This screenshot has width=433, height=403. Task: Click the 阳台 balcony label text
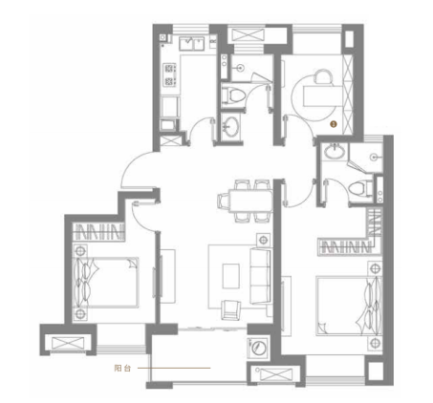(122, 369)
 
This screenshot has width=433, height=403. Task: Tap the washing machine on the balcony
(257, 347)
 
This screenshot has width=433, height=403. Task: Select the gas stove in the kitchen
(169, 74)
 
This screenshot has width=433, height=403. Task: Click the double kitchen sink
(191, 44)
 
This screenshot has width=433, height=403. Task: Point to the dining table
(250, 201)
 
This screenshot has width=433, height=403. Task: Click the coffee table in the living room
(231, 276)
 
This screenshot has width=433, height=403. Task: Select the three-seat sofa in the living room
(260, 276)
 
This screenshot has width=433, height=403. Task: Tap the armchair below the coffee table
(231, 309)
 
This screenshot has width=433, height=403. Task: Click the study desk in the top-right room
(323, 95)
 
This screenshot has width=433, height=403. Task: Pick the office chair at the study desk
(323, 76)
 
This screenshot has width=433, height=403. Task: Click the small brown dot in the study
(334, 124)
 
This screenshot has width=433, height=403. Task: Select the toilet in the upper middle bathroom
(234, 95)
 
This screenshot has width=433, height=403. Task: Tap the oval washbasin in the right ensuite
(335, 151)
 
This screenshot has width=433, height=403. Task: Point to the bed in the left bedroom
(106, 283)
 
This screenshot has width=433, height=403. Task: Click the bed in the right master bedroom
(349, 306)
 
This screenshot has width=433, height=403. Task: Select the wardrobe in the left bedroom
(98, 231)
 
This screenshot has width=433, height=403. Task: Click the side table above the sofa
(264, 240)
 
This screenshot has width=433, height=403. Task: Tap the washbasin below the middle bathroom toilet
(231, 125)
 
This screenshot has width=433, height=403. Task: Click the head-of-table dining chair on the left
(223, 201)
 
